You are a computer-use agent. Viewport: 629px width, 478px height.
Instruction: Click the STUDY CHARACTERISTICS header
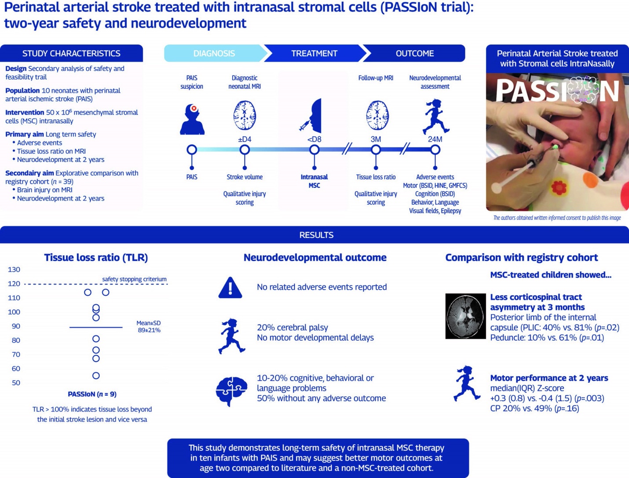pyautogui.click(x=71, y=53)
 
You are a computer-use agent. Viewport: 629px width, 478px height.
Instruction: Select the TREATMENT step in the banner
pyautogui.click(x=314, y=53)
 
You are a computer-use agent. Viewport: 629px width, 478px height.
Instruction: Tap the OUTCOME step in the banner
pyautogui.click(x=414, y=53)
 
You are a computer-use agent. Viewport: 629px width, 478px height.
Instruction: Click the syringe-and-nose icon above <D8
pyautogui.click(x=312, y=116)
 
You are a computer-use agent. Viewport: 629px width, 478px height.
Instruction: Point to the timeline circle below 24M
pyautogui.click(x=435, y=150)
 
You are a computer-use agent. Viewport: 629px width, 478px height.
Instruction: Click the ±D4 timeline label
pyautogui.click(x=245, y=139)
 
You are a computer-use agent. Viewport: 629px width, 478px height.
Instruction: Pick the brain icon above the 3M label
pyautogui.click(x=377, y=116)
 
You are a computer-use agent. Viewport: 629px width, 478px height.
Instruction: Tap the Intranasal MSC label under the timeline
pyautogui.click(x=314, y=181)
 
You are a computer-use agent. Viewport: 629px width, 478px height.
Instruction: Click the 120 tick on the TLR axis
pyautogui.click(x=14, y=284)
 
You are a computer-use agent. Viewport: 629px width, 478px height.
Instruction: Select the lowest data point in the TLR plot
pyautogui.click(x=96, y=376)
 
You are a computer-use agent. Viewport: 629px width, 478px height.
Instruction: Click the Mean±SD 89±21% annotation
pyautogui.click(x=149, y=326)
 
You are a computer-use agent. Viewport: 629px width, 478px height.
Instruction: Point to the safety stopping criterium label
pyautogui.click(x=134, y=279)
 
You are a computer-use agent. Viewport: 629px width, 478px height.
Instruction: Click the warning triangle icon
pyautogui.click(x=230, y=288)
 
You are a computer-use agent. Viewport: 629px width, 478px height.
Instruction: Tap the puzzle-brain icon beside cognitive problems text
pyautogui.click(x=231, y=390)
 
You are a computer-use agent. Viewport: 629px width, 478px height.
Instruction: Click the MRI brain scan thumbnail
pyautogui.click(x=465, y=316)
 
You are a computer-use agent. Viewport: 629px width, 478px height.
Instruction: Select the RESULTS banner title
pyautogui.click(x=316, y=235)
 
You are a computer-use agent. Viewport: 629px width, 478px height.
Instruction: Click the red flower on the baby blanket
pyautogui.click(x=559, y=188)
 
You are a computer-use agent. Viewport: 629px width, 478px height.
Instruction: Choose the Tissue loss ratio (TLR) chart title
pyautogui.click(x=96, y=257)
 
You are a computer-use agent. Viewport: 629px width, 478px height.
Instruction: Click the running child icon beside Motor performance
pyautogui.click(x=466, y=383)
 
